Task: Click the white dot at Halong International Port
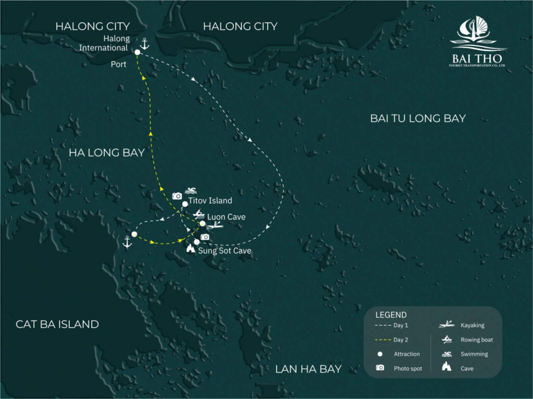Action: coord(137,52)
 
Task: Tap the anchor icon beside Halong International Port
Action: coord(145,44)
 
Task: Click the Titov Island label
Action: coord(210,200)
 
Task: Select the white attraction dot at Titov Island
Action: coord(185,204)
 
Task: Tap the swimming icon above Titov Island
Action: coord(190,191)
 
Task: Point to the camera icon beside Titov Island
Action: coord(177,196)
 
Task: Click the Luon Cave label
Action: coord(226,216)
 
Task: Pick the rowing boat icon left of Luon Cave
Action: coord(198,214)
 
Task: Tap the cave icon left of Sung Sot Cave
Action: coord(191,249)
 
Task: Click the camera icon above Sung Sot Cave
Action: coord(205,237)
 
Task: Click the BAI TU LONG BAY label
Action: coord(417,119)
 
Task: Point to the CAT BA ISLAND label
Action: coord(57,324)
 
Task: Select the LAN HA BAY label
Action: coord(308,369)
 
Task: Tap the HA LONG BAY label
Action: coord(106,153)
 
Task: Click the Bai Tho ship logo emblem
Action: coord(477,32)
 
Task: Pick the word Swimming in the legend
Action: coord(474,354)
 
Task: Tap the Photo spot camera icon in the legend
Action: coord(380,368)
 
